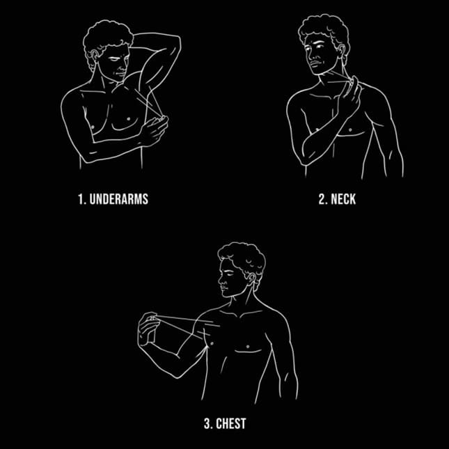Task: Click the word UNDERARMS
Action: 119,199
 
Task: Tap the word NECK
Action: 343,199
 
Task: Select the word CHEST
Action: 231,423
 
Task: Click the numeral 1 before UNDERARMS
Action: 81,199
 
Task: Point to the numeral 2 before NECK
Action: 322,199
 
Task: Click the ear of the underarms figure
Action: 94,54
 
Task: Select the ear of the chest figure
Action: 251,279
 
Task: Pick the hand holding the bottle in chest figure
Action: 148,328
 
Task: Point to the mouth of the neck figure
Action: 314,64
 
